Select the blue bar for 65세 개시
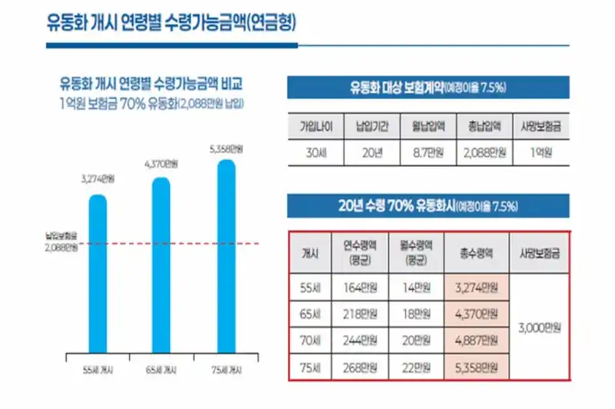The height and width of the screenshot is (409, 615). coord(161,265)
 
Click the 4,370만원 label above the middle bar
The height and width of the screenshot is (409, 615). coord(161,164)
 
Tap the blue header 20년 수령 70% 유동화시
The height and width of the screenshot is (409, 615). coord(428,205)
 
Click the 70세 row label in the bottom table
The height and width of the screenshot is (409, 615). coord(311,340)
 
